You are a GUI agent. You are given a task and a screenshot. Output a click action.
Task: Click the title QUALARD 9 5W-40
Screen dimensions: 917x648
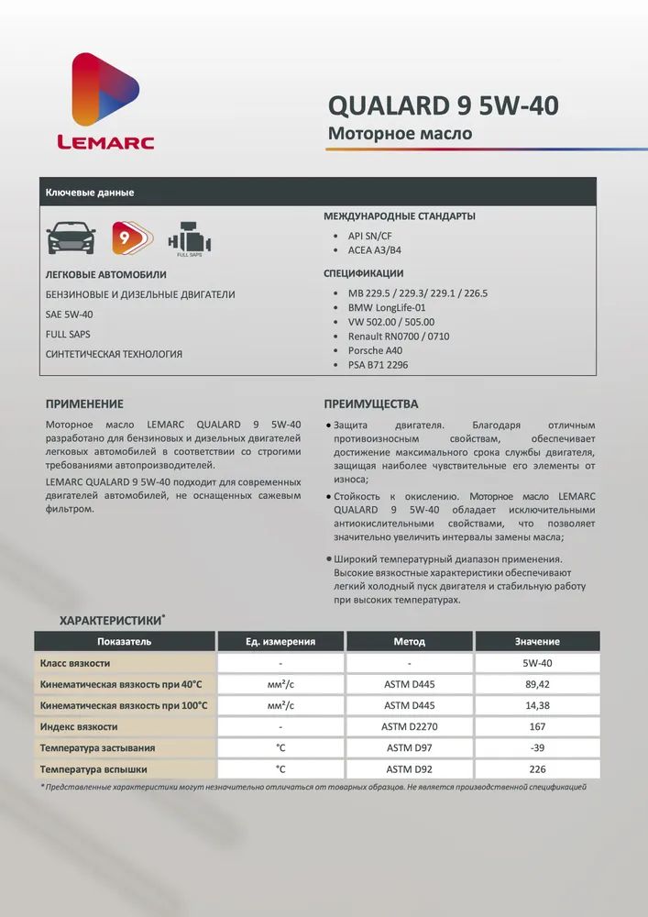point(443,106)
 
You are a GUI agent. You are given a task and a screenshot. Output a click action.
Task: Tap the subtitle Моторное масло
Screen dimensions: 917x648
point(400,134)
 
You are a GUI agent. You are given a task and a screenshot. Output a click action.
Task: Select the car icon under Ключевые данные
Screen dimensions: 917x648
point(71,238)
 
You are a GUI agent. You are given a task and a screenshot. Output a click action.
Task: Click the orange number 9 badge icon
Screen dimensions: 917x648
point(126,238)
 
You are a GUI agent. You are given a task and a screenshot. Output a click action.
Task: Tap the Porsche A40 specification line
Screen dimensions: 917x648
point(375,350)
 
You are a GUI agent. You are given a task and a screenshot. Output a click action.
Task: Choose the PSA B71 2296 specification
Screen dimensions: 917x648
point(378,365)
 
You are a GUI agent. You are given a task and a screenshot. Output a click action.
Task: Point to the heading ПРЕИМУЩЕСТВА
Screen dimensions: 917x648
point(370,403)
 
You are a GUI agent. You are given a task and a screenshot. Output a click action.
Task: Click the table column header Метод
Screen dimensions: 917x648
point(409,641)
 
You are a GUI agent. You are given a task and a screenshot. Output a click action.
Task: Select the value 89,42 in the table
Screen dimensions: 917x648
point(537,684)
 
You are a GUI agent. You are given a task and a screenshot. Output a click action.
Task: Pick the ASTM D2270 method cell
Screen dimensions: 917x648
point(409,726)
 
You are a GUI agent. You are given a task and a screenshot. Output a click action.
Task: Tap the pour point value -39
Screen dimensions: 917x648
point(537,748)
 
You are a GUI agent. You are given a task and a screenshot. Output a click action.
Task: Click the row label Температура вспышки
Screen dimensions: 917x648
point(93,769)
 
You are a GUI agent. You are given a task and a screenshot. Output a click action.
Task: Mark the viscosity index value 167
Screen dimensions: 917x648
point(537,726)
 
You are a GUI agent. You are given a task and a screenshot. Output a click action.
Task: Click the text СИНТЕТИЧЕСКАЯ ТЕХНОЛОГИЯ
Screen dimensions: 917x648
point(114,354)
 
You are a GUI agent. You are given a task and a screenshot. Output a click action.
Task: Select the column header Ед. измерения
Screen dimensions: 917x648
point(280,641)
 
